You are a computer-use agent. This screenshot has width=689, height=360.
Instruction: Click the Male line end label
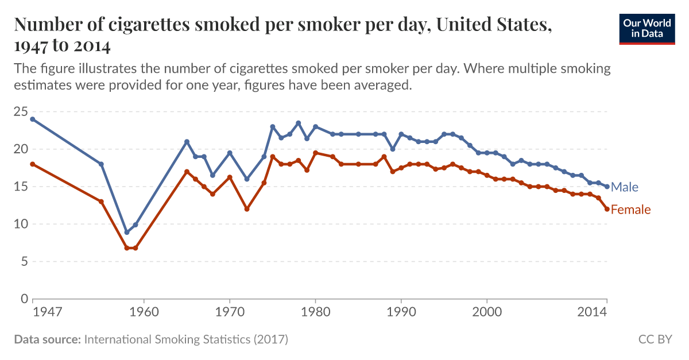625,187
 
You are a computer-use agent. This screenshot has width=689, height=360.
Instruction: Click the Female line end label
630,210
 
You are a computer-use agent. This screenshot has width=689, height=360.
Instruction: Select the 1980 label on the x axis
315,312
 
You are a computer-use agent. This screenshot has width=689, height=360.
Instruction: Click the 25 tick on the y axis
20,111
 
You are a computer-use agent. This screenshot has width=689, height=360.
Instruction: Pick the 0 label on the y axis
24,299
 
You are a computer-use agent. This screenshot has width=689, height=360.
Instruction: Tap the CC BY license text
655,339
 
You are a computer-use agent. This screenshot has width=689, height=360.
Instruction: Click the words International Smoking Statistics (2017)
185,339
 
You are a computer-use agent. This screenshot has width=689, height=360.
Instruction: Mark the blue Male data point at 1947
33,119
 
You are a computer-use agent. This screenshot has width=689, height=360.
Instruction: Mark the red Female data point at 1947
33,164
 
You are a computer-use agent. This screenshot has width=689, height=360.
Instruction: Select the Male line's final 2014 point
607,187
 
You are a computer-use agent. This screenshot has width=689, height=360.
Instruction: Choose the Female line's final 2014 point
607,209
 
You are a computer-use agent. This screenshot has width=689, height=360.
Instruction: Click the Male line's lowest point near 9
127,232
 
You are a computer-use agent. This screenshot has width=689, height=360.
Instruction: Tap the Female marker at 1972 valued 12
247,209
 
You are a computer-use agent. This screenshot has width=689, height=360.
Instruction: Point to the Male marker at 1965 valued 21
187,142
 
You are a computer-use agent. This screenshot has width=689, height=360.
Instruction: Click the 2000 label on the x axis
487,312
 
